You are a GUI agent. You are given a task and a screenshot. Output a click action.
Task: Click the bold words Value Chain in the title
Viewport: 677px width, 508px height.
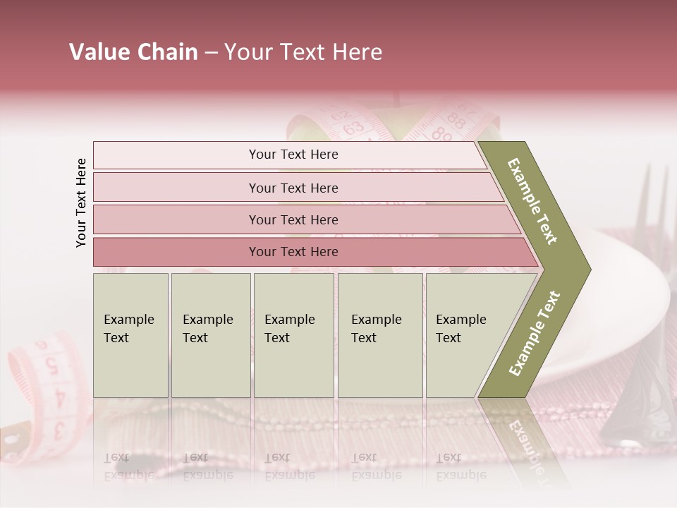pyautogui.click(x=133, y=52)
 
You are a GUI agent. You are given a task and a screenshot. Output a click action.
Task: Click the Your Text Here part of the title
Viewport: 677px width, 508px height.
pyautogui.click(x=303, y=52)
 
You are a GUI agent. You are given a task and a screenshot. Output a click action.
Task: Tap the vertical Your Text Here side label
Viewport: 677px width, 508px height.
pyautogui.click(x=81, y=202)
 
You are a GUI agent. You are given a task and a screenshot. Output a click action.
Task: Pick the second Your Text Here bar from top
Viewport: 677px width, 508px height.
pyautogui.click(x=293, y=188)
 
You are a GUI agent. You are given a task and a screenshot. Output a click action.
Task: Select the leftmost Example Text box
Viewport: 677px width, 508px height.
pyautogui.click(x=130, y=335)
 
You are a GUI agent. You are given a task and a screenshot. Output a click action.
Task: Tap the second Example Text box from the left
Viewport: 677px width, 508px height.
pyautogui.click(x=210, y=335)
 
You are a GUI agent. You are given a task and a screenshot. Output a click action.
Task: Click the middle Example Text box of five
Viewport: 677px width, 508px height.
pyautogui.click(x=293, y=335)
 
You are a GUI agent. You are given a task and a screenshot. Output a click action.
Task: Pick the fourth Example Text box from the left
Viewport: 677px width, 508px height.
pyautogui.click(x=380, y=335)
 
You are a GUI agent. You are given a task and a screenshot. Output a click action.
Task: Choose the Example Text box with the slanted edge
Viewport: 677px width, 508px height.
pyautogui.click(x=465, y=335)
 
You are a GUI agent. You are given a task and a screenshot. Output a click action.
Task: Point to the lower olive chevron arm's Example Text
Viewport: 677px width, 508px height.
pyautogui.click(x=535, y=333)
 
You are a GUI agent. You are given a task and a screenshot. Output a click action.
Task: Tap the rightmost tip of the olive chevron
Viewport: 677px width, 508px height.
pyautogui.click(x=587, y=270)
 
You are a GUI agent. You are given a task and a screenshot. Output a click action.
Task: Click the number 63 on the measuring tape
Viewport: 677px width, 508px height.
pyautogui.click(x=354, y=128)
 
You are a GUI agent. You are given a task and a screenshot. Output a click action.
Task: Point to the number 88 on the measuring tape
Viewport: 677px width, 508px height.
pyautogui.click(x=456, y=121)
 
